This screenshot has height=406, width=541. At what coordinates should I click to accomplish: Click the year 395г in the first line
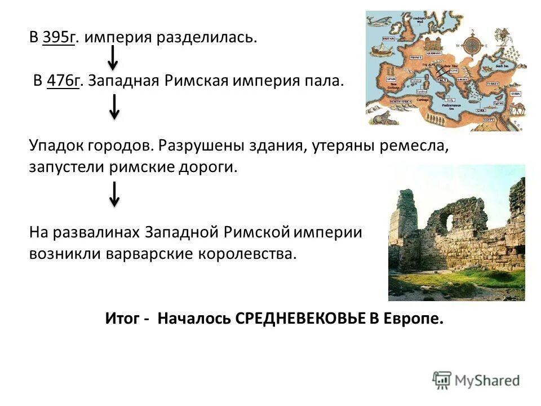pos(58,38)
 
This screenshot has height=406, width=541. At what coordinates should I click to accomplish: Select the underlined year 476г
pos(65,81)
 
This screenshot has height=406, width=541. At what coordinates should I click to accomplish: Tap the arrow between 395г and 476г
pos(113,58)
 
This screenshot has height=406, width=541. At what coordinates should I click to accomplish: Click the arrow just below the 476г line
pos(114,107)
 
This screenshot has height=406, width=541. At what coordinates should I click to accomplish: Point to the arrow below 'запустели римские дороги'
pos(114,194)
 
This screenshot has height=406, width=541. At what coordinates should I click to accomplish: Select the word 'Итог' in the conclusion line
pos(122,319)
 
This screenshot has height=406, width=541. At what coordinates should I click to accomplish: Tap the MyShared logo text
pos(486,381)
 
